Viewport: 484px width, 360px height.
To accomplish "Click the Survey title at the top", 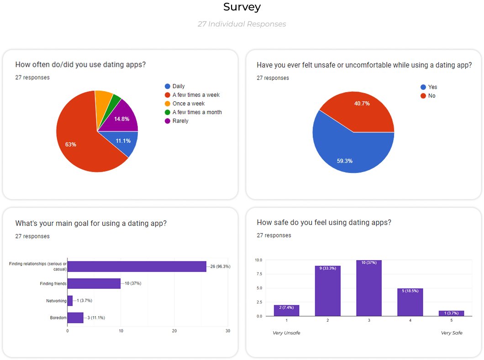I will point(242,7).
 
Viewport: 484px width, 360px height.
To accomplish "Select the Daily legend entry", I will point(178,86).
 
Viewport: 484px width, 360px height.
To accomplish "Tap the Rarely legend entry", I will point(180,121).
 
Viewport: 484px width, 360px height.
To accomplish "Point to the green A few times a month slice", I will point(116,100).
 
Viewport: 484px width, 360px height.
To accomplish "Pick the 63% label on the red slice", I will point(71,145).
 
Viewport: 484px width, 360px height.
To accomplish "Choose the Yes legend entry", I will point(432,87).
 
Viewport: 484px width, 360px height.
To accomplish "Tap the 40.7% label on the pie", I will point(362,104).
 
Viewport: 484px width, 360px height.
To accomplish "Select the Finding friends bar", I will point(94,283).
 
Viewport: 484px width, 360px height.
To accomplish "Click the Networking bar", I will point(70,301).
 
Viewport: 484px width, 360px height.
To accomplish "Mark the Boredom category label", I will point(58,318).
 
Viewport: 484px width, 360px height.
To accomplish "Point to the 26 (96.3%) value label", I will point(220,266).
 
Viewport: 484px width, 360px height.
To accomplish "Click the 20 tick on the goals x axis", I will point(174,331).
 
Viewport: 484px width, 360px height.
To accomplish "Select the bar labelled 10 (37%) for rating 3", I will point(369,288).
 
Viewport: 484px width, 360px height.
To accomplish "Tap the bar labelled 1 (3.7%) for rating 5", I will point(451,313).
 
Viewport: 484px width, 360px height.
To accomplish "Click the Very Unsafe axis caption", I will point(286,333).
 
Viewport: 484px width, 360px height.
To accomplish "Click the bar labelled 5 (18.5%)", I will point(410,302).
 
